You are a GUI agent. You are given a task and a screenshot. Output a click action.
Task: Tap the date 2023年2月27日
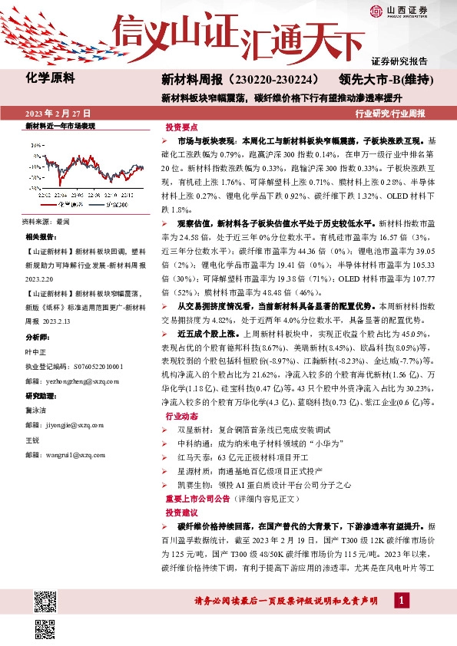(58, 113)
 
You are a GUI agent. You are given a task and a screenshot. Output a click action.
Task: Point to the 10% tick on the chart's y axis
(34, 143)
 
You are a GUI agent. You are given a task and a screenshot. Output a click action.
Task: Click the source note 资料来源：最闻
(46, 221)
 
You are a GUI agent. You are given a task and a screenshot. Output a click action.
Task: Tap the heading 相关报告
(41, 236)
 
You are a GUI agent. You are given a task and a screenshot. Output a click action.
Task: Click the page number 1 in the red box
(402, 599)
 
